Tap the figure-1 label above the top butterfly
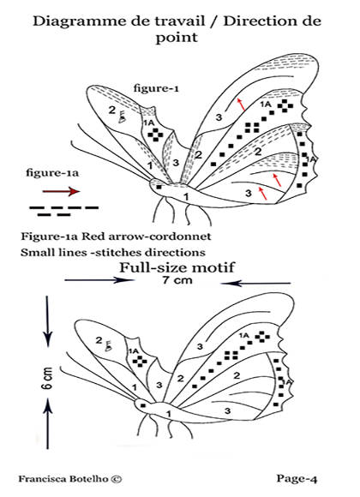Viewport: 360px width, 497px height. [x=154, y=87]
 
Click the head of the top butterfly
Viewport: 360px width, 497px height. [x=159, y=183]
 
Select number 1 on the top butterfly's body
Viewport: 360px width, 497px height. [x=186, y=198]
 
